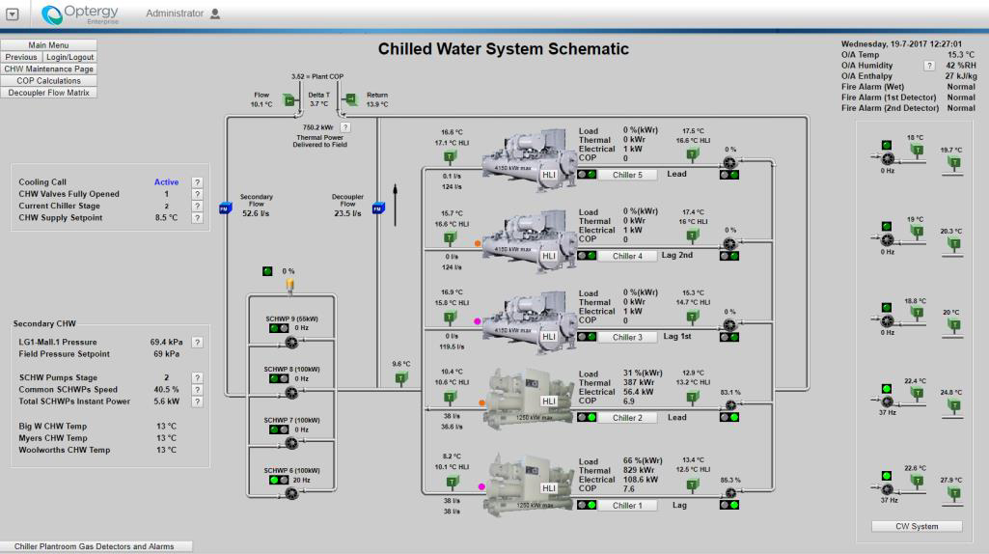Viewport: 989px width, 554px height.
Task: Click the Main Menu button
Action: click(x=49, y=45)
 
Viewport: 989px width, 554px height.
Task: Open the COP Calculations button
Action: click(x=49, y=80)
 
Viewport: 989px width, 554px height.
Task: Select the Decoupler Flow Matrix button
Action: click(x=49, y=92)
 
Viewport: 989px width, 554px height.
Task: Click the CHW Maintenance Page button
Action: click(x=49, y=69)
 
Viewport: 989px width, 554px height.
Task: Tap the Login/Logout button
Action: click(x=69, y=57)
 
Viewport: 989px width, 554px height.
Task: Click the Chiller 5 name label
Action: click(x=633, y=175)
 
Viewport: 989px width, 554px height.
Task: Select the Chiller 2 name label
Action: click(x=633, y=417)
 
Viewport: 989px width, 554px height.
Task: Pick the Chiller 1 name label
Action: click(x=633, y=504)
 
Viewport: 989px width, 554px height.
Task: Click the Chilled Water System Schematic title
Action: click(x=503, y=49)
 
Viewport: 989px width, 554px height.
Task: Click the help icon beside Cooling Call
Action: click(x=197, y=181)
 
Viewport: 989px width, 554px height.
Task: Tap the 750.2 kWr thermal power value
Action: click(x=318, y=126)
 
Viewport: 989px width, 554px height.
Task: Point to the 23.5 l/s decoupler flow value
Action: click(x=347, y=214)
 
